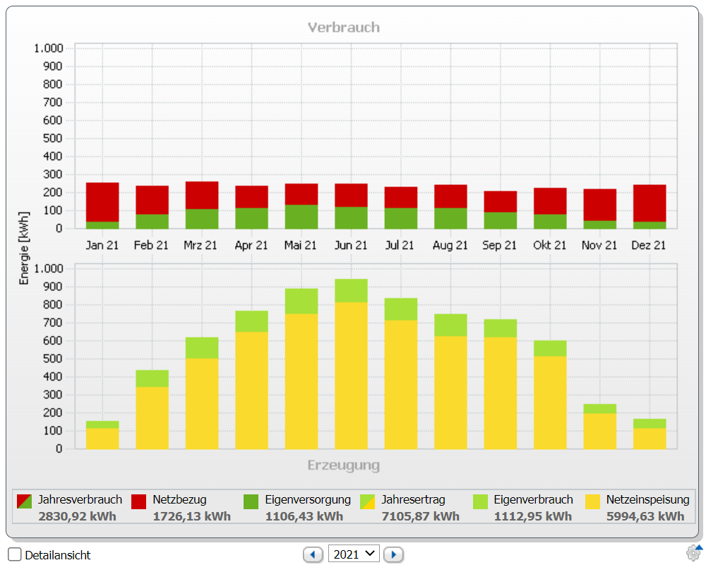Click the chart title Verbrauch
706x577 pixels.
[344, 28]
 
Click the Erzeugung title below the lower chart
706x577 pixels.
[344, 465]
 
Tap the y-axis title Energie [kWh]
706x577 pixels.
[24, 248]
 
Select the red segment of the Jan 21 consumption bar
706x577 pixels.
[102, 202]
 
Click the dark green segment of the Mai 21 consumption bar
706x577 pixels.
[301, 217]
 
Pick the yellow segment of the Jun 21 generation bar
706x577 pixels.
[351, 375]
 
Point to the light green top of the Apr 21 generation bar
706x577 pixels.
[252, 321]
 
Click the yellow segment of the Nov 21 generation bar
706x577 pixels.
[599, 431]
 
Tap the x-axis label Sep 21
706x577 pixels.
[499, 246]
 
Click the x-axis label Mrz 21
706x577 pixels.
[201, 246]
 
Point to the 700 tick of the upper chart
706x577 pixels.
[53, 102]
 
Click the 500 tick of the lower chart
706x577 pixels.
[53, 359]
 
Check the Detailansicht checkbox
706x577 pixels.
[14, 554]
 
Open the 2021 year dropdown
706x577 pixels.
[354, 554]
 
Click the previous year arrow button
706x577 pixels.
[313, 554]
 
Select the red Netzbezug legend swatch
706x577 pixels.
[138, 501]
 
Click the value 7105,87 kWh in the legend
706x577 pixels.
[421, 516]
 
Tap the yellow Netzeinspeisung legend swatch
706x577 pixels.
[592, 501]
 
